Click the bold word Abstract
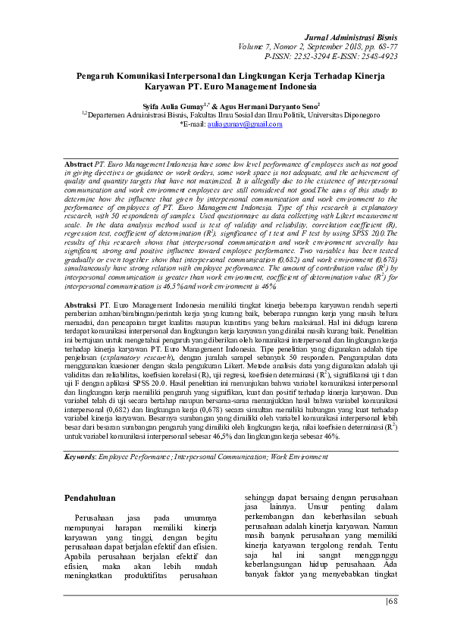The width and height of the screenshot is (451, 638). pos(78,164)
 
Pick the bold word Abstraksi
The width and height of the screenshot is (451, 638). pos(80,302)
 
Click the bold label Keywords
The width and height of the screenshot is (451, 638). pos(80,457)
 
